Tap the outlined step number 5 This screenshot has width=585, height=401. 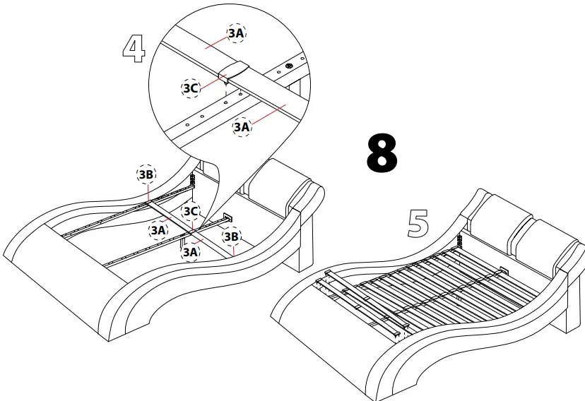click(x=418, y=223)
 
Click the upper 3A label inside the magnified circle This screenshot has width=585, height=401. click(x=237, y=32)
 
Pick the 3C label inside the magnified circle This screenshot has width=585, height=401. click(x=191, y=88)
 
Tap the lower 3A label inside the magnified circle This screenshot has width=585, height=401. click(x=242, y=126)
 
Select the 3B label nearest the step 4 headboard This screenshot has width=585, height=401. click(x=230, y=237)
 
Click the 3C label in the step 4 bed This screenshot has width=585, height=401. click(x=190, y=211)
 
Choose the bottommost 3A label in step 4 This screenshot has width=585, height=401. click(x=190, y=252)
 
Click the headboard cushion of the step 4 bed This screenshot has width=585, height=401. click(x=283, y=186)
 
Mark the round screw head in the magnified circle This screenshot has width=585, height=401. click(x=290, y=68)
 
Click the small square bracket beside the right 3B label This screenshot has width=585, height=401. click(x=228, y=218)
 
